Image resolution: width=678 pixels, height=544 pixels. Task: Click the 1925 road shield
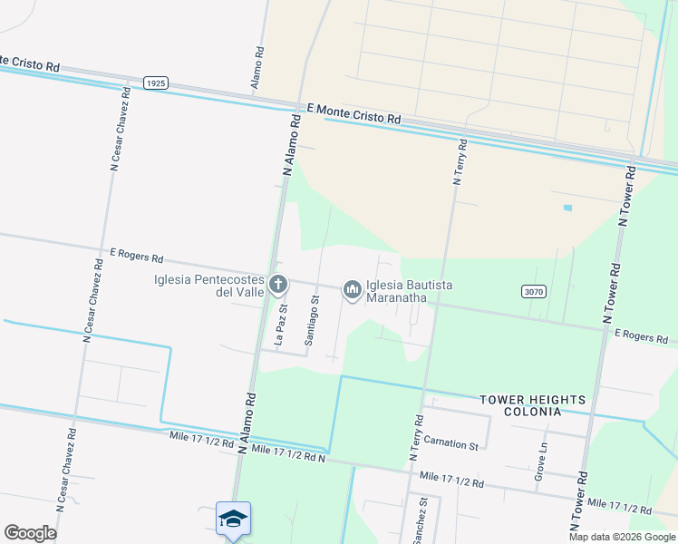point(156,83)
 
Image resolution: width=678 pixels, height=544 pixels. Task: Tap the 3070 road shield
point(534,290)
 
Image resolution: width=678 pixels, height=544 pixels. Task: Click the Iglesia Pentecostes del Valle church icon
point(278,285)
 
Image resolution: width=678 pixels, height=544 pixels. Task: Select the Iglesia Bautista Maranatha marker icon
point(352,289)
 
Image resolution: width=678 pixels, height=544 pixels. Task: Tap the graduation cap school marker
point(233,519)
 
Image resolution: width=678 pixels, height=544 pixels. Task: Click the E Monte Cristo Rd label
point(354,113)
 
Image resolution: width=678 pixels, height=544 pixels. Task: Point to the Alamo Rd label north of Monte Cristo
point(259,70)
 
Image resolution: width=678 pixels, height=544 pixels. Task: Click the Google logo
point(30,533)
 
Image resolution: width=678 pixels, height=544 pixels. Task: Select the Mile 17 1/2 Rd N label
point(287,452)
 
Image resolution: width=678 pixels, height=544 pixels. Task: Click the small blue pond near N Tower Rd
point(567,208)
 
